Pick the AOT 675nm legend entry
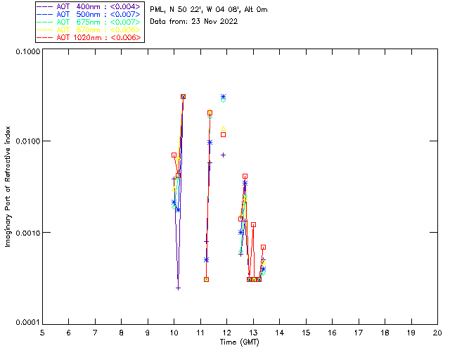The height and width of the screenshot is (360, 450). (89, 22)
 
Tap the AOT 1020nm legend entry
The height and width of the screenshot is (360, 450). (89, 37)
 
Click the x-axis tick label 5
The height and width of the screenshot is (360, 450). (42, 332)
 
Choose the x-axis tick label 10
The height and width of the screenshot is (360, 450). (174, 332)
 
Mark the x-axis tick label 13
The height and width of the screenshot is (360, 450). (253, 332)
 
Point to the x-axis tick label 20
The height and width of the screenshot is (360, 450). (437, 332)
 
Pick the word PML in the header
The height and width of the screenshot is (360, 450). (158, 10)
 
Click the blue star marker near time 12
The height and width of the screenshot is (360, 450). (224, 97)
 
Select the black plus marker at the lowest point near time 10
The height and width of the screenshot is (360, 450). (179, 288)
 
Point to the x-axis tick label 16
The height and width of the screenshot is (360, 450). (332, 332)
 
